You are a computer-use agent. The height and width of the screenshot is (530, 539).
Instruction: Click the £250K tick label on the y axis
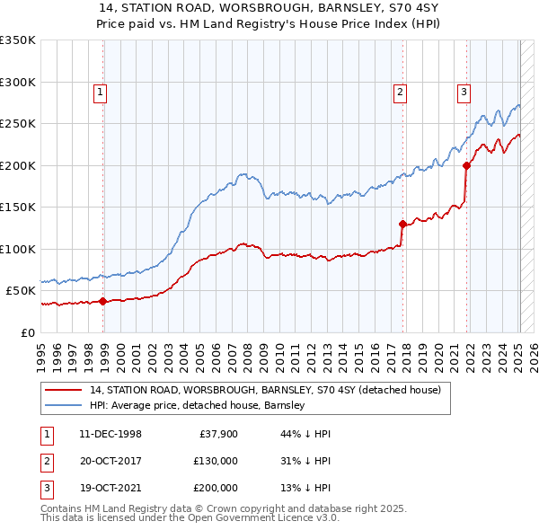coord(18,123)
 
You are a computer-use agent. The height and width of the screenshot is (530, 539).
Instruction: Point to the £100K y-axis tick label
coord(18,249)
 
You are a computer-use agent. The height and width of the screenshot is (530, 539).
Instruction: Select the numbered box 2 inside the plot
coord(398,90)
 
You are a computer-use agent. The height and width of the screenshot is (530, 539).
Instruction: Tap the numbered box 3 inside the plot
coord(464,90)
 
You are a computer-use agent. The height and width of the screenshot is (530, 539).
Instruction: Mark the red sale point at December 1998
coord(103,302)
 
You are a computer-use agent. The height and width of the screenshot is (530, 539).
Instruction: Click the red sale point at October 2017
coord(402,224)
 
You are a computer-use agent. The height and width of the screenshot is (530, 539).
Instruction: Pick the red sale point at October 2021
coord(467,165)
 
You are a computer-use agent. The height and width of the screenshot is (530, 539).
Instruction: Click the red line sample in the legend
coord(65,391)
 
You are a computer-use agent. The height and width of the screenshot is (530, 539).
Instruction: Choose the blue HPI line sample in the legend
coord(65,405)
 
